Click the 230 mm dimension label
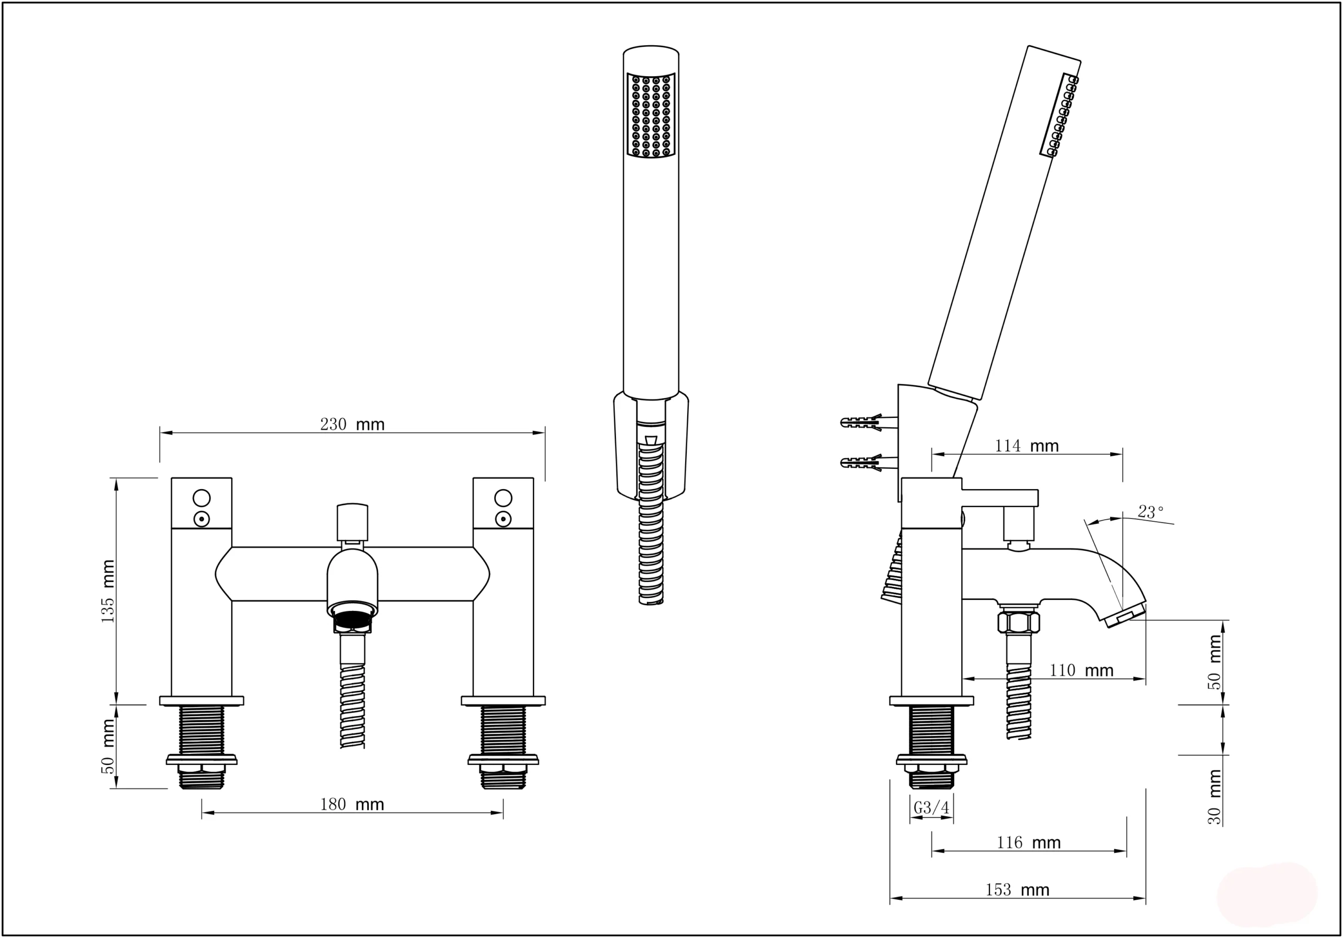click(351, 424)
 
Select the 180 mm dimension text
click(351, 805)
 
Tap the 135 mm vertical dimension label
click(108, 591)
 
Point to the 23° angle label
click(1150, 512)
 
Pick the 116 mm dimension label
click(1028, 842)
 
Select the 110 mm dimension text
click(1081, 670)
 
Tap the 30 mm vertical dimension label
click(1215, 797)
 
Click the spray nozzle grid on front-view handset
click(651, 115)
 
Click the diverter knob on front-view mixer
click(352, 523)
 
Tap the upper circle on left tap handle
click(201, 498)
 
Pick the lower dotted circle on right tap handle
click(503, 519)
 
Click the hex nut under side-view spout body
click(1019, 621)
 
